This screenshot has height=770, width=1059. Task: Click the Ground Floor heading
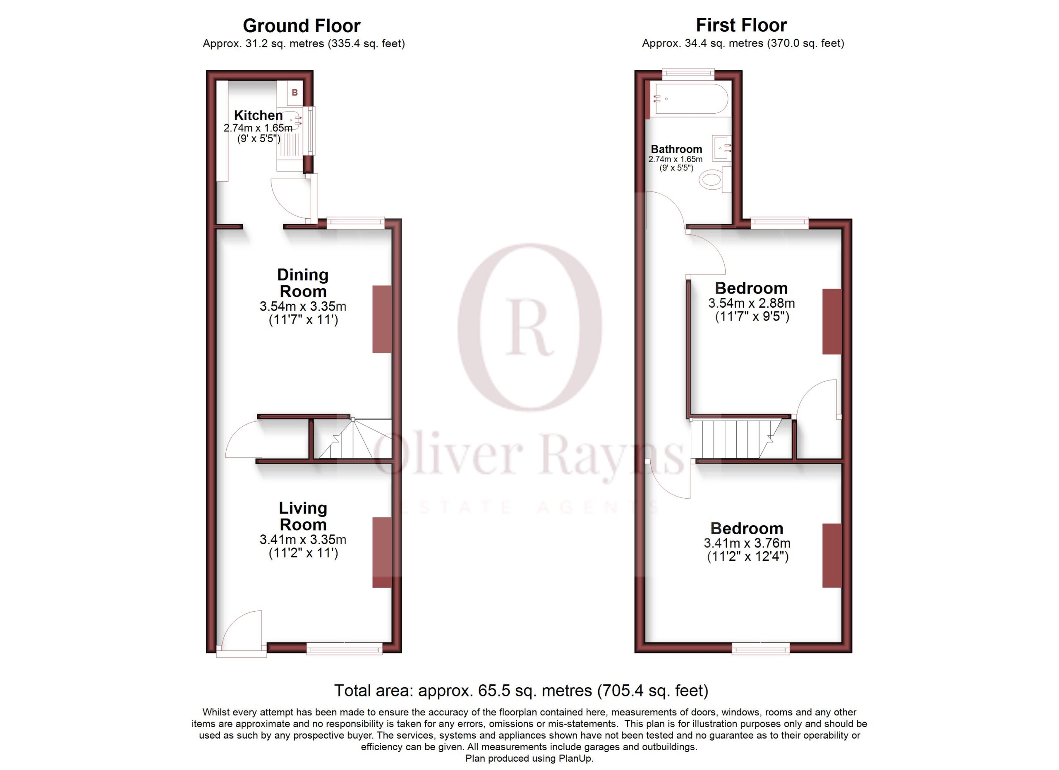coord(301,26)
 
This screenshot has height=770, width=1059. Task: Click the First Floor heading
coord(741,25)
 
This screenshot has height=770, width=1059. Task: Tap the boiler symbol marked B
coord(295,92)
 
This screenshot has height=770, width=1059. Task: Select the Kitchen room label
coord(258,115)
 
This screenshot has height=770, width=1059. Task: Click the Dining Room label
coord(303,283)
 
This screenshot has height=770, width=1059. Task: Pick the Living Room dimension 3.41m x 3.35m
coord(303,540)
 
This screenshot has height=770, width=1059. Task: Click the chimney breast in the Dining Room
coord(381,319)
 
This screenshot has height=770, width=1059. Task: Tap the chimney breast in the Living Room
coord(381,552)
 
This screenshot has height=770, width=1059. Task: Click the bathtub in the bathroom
coord(692,99)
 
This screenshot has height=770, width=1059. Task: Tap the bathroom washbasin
coord(722,148)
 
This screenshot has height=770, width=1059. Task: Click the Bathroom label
coord(677,149)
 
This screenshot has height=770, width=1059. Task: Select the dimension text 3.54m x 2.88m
coord(751,304)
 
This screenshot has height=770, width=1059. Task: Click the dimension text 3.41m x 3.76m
coord(747,544)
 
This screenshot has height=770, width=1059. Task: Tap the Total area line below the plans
coord(521,691)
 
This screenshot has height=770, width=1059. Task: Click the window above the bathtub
coord(688,72)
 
